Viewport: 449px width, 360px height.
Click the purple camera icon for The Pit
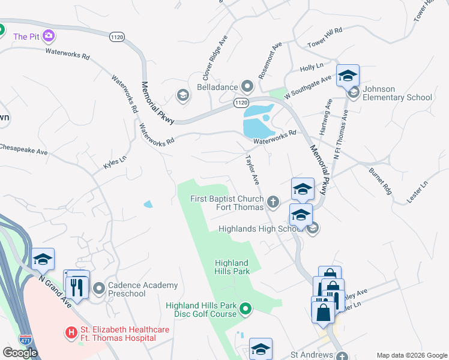49,36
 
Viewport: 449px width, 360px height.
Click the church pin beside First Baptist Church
273,202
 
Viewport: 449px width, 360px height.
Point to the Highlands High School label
258,229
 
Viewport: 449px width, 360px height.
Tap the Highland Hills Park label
232,267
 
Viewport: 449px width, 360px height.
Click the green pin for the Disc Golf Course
245,309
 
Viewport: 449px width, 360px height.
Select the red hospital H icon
71,332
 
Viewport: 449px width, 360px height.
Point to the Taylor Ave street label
252,170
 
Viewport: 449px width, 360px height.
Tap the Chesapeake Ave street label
23,149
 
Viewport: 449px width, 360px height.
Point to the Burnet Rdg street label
380,179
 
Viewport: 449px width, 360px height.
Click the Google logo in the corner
20,352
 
